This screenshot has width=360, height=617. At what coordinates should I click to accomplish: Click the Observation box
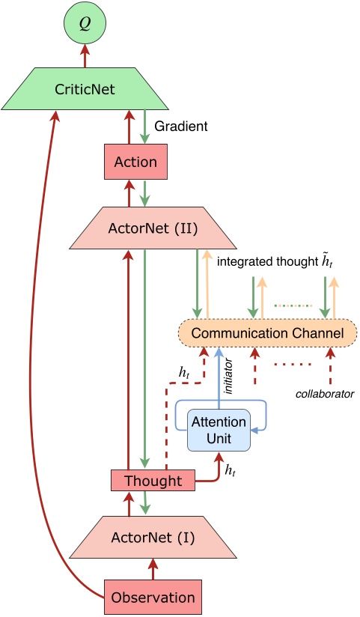[153, 597]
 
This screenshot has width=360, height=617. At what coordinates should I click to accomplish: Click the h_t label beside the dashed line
[184, 371]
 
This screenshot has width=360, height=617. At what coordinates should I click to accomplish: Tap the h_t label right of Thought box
[231, 470]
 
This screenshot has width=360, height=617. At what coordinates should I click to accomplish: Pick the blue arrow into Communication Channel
[218, 371]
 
